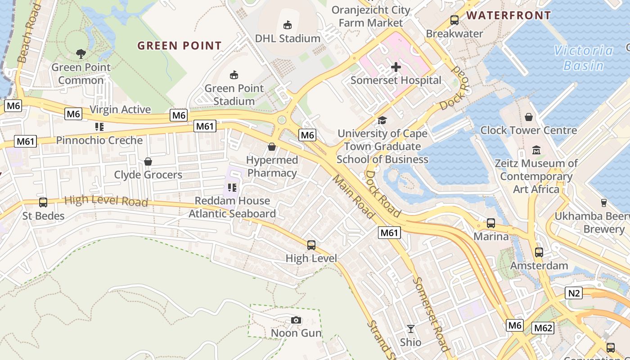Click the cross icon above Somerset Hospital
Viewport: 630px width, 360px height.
[396, 67]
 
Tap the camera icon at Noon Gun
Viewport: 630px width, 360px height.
[296, 320]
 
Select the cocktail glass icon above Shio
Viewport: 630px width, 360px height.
[410, 329]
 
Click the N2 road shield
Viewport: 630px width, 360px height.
[574, 293]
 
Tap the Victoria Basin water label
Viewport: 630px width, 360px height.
[583, 58]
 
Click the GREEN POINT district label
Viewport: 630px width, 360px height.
[179, 45]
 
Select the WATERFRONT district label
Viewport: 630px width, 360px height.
[508, 15]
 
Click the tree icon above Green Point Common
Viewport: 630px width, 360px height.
[81, 54]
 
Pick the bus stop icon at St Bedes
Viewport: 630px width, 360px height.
[43, 202]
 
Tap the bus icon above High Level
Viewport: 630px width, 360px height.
[311, 245]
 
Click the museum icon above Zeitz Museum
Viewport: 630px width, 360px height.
[536, 150]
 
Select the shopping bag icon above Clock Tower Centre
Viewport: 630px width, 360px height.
[529, 117]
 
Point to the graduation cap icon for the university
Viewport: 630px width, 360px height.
[382, 120]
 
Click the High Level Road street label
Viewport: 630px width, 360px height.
[106, 201]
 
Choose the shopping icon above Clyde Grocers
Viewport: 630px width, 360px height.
[148, 162]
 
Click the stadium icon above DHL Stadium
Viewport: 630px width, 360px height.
[287, 25]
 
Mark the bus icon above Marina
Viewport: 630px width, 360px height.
[490, 223]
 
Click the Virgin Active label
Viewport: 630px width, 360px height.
[120, 109]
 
